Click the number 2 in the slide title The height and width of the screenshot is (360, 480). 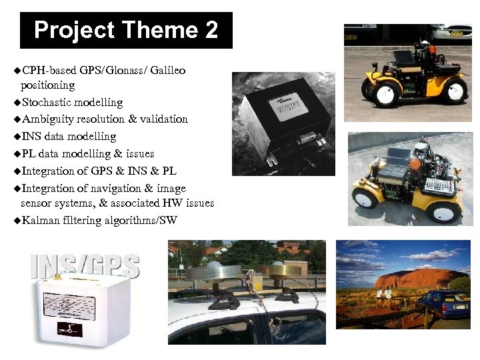click(x=209, y=31)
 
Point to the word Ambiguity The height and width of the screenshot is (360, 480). click(x=47, y=119)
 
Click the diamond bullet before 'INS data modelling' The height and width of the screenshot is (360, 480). click(x=17, y=137)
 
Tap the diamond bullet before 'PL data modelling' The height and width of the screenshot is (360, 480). click(x=17, y=154)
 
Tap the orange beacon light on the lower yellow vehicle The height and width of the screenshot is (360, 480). click(x=415, y=163)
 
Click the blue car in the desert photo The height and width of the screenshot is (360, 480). click(x=444, y=303)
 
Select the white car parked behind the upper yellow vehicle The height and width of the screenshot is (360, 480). click(x=453, y=33)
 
